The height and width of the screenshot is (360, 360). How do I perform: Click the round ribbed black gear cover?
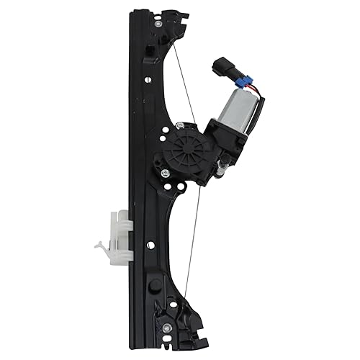pyautogui.click(x=183, y=147)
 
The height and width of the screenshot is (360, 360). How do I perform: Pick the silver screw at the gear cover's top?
pyautogui.click(x=177, y=127)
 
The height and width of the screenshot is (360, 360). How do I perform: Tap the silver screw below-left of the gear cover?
pyautogui.click(x=165, y=174)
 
